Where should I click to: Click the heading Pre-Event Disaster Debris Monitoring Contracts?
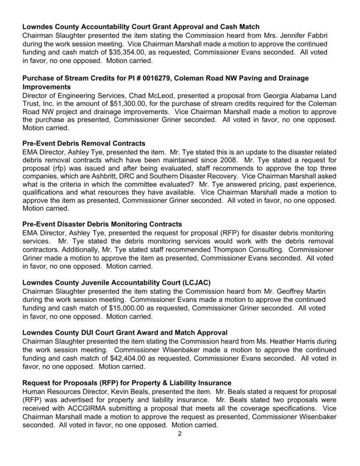tap(102, 224)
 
